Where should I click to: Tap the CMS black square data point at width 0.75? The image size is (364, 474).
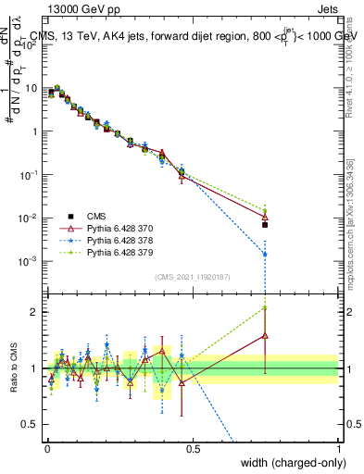265,224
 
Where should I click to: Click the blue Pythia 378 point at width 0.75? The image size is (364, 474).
265,254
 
